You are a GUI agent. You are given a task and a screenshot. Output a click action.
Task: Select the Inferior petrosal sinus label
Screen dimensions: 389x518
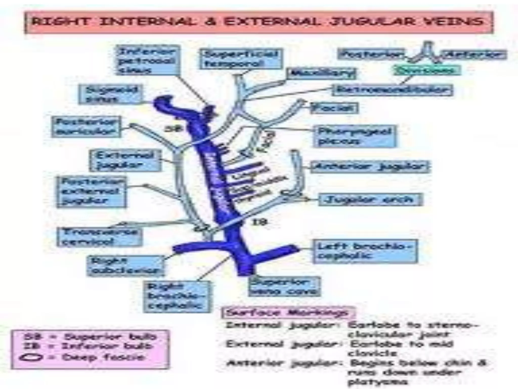tap(148, 60)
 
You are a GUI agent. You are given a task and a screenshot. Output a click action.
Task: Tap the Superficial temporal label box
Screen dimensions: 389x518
tap(242, 59)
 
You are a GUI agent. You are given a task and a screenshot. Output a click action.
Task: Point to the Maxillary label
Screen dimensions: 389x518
tap(321, 74)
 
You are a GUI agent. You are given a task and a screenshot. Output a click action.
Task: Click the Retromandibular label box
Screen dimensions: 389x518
tap(392, 90)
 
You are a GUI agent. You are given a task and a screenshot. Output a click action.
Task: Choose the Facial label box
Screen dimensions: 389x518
tap(334, 108)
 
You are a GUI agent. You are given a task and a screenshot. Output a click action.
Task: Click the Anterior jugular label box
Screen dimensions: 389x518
tap(370, 167)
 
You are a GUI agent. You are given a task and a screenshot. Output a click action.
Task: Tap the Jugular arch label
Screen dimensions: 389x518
tap(370, 200)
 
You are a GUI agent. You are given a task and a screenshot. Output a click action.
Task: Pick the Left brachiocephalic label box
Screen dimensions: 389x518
tap(365, 251)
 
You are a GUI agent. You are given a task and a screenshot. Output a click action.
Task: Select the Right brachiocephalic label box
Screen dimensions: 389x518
tap(177, 297)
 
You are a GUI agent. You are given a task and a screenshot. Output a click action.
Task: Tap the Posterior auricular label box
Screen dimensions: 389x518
tap(86, 127)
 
